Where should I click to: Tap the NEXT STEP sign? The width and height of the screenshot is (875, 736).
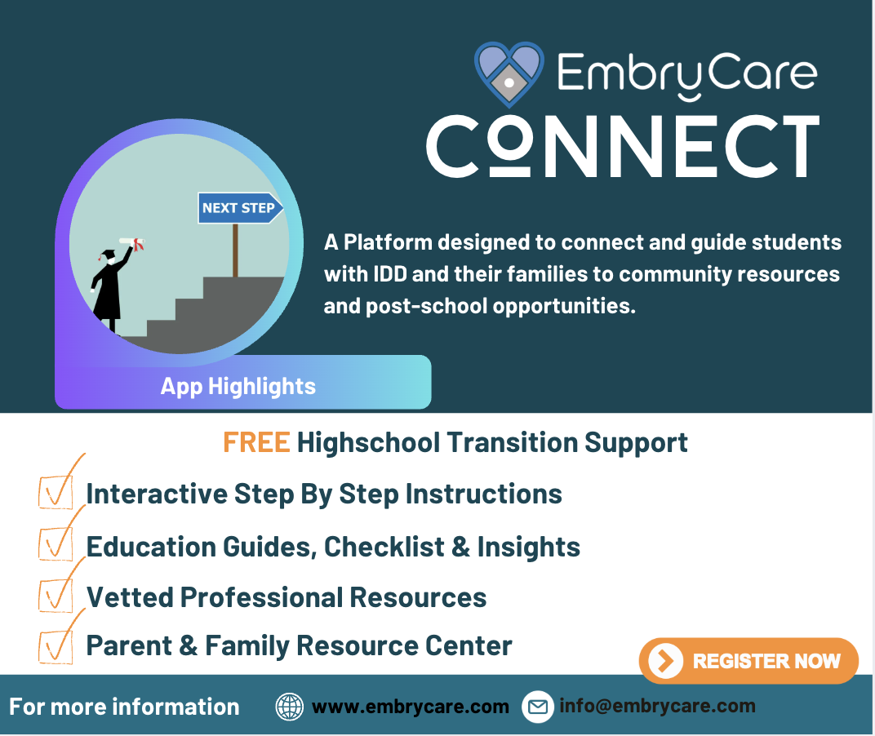coord(241,208)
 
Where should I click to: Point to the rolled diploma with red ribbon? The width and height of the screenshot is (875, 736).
coord(133,243)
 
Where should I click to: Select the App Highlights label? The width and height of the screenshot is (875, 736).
coord(238,386)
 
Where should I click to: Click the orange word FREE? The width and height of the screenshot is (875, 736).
coord(256,442)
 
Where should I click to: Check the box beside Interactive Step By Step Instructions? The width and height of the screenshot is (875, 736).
coord(56,491)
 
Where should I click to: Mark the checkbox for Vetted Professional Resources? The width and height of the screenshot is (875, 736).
coord(56,595)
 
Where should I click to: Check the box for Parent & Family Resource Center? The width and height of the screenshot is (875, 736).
coord(56,646)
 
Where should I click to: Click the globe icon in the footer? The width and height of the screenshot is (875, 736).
coord(290,707)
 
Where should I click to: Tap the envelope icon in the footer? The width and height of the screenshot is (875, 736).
coord(537,707)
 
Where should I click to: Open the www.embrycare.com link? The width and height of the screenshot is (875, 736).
coord(411,707)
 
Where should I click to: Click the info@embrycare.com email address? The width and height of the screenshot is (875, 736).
coord(657,706)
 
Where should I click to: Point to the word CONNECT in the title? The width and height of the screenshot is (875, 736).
coord(623,146)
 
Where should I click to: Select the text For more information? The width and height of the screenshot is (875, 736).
coord(124,707)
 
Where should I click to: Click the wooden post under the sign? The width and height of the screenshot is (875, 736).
coord(236,250)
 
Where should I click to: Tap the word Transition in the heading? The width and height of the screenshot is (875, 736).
coord(512,442)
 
